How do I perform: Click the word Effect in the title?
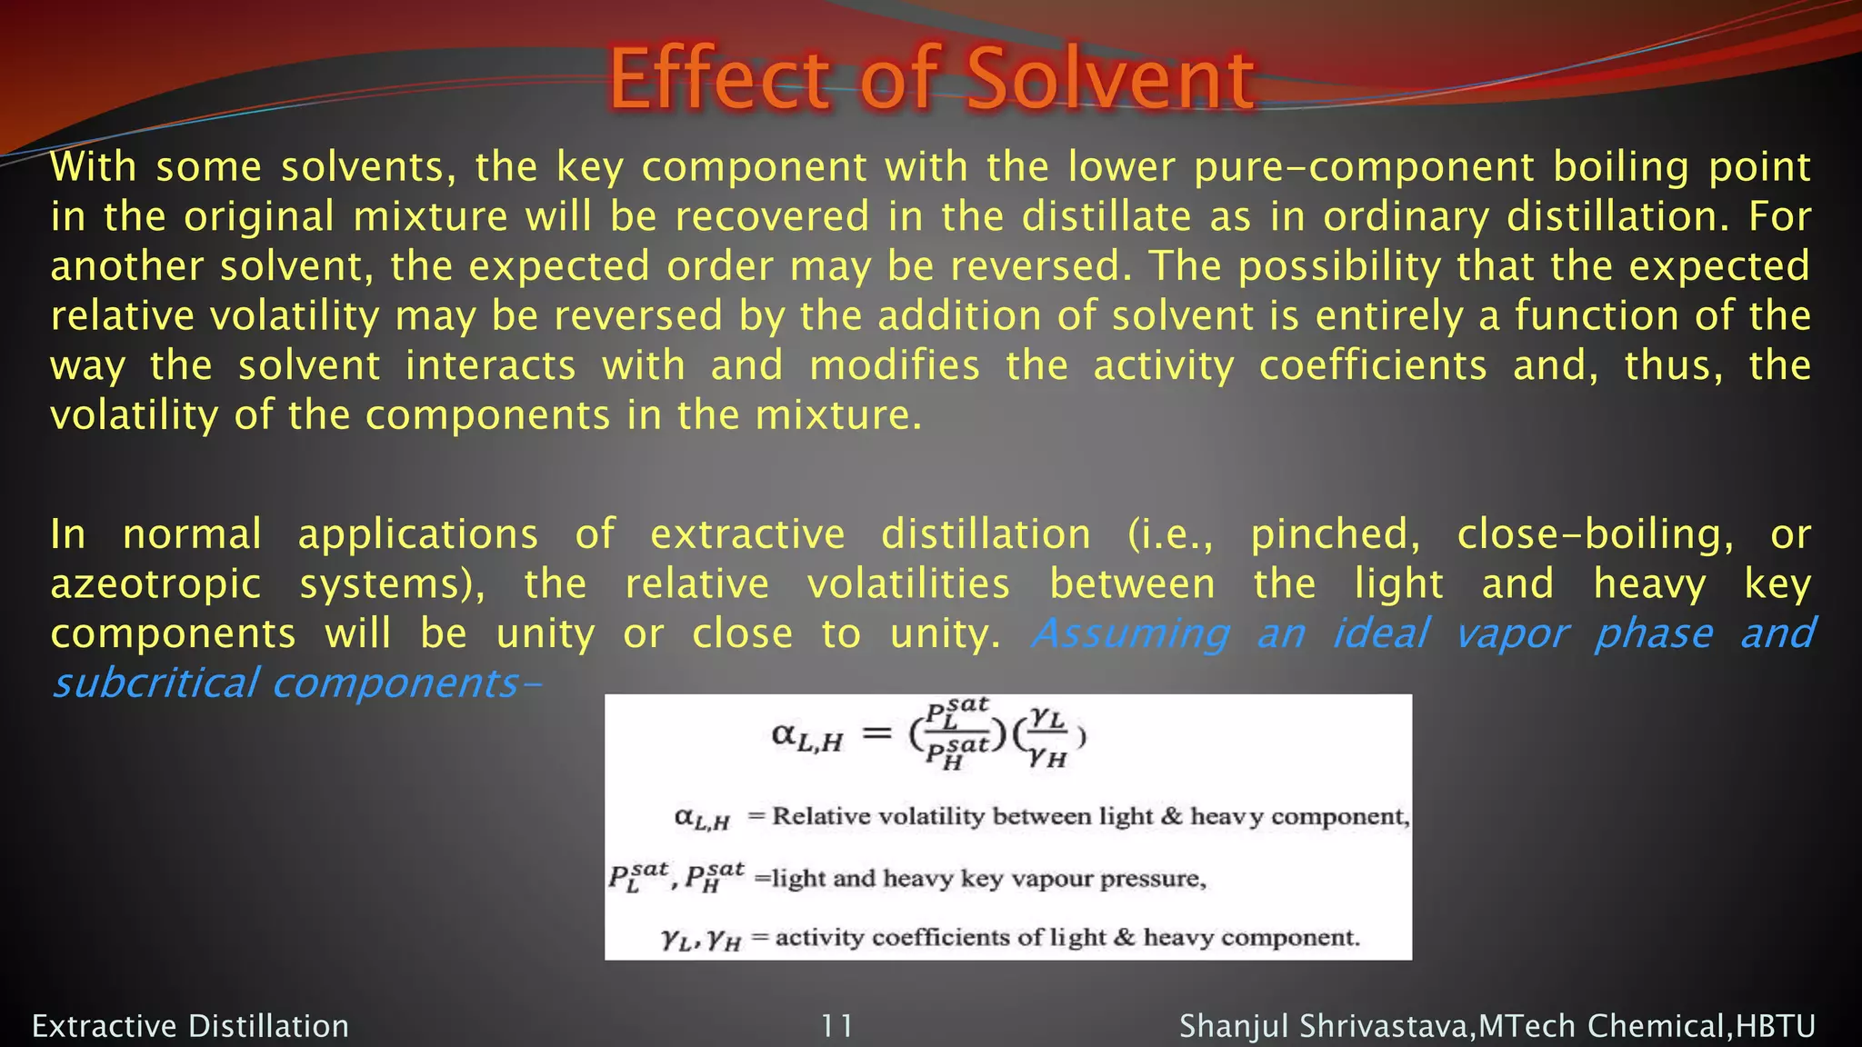pyautogui.click(x=719, y=79)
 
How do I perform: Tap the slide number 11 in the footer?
pyautogui.click(x=836, y=1026)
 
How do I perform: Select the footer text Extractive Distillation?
pyautogui.click(x=190, y=1026)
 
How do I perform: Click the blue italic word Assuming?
pyautogui.click(x=1131, y=633)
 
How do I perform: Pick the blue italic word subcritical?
pyautogui.click(x=155, y=683)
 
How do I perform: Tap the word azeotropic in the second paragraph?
pyautogui.click(x=155, y=584)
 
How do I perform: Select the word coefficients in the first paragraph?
pyautogui.click(x=1373, y=365)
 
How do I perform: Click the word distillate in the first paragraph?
pyautogui.click(x=1106, y=216)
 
